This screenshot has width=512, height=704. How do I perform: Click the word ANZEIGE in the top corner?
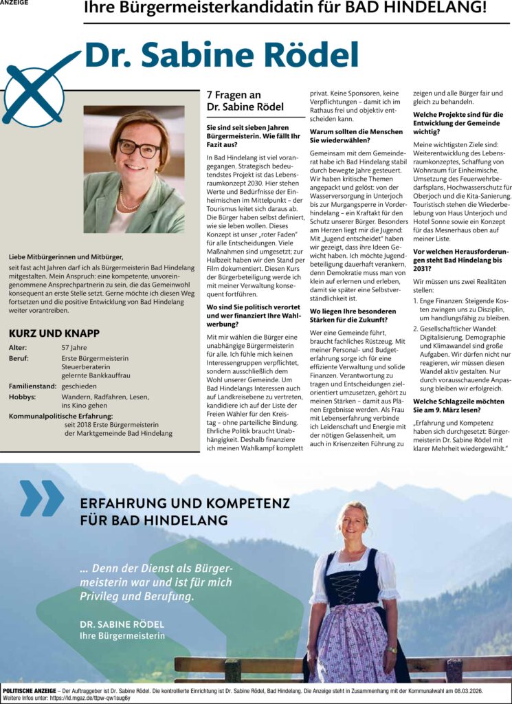click(x=14, y=3)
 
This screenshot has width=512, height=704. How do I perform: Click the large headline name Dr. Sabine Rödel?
click(x=221, y=54)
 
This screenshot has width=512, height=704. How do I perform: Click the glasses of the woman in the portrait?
click(x=138, y=147)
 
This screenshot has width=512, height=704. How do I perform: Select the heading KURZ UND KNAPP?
click(x=54, y=333)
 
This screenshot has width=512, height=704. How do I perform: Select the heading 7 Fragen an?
click(x=233, y=95)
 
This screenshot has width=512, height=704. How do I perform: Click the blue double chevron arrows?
click(x=41, y=498)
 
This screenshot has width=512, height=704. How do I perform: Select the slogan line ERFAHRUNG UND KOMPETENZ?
click(x=185, y=503)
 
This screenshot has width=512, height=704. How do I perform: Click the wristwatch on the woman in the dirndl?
click(x=392, y=648)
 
